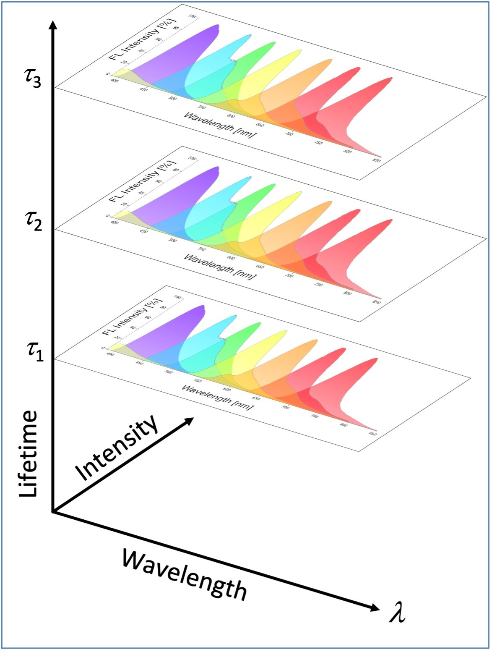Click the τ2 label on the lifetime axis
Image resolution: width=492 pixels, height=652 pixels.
[33, 220]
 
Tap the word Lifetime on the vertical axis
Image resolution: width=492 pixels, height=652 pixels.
[29, 453]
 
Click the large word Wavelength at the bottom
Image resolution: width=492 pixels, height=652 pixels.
[185, 575]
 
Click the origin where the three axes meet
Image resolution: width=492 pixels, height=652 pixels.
[52, 512]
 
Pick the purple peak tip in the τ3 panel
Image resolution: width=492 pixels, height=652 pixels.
[216, 26]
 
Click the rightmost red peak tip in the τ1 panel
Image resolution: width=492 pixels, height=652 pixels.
[375, 359]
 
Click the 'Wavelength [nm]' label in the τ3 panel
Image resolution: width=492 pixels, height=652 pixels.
[220, 125]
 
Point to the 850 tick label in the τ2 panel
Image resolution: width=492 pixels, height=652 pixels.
[377, 302]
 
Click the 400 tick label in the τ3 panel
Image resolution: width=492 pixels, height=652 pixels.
[114, 80]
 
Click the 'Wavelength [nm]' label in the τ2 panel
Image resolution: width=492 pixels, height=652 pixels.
[220, 267]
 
